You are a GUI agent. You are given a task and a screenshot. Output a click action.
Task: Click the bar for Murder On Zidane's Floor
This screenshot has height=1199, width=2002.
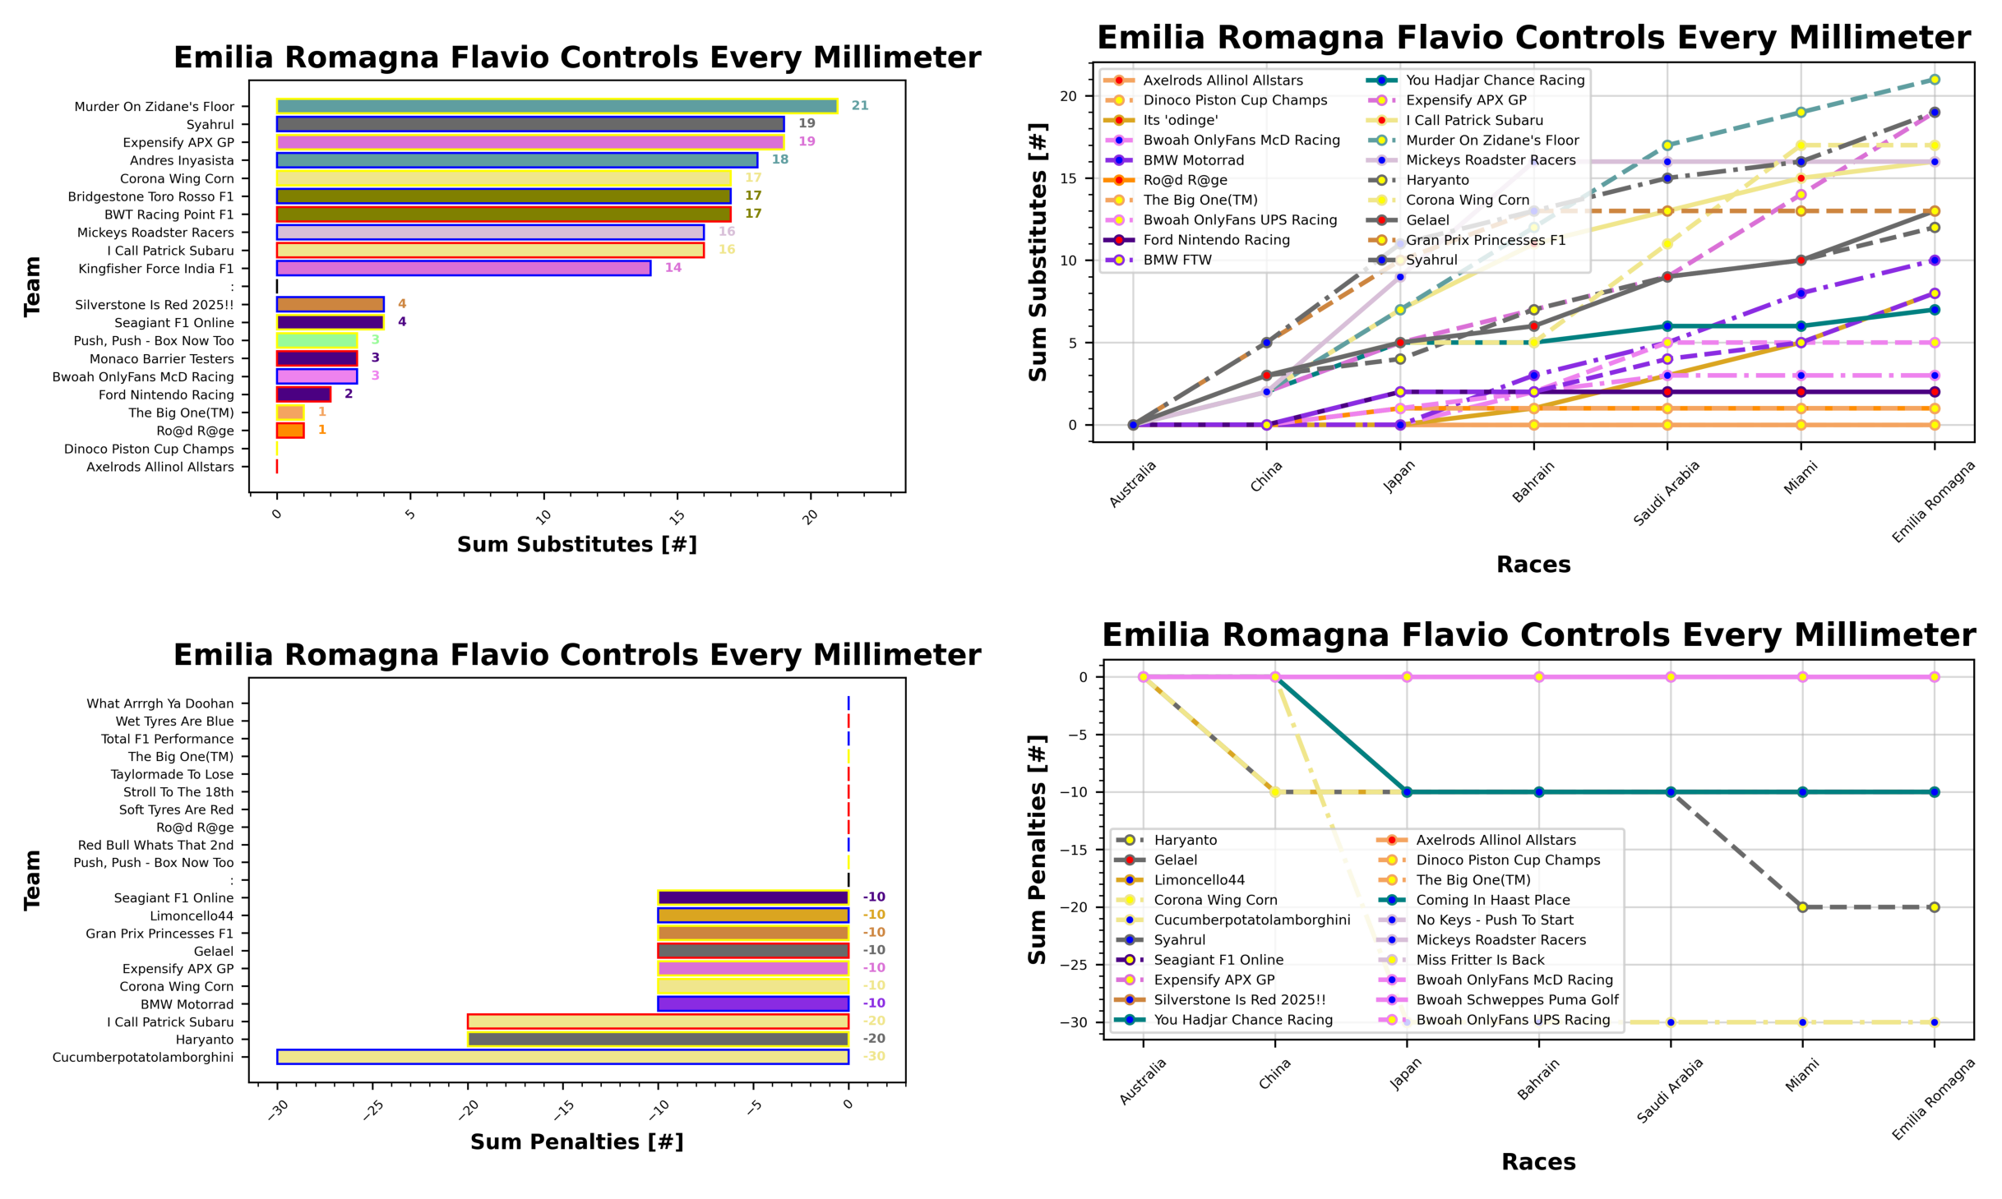(x=557, y=106)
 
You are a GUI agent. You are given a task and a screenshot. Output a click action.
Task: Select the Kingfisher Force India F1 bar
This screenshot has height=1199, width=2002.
(x=463, y=268)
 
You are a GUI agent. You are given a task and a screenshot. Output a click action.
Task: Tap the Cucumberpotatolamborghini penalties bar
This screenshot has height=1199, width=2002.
(x=562, y=1057)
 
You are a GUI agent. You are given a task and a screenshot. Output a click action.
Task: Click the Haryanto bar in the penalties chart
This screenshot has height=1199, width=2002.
(x=658, y=1040)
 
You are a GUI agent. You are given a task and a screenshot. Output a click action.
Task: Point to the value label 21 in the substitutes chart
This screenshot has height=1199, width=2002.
(x=860, y=106)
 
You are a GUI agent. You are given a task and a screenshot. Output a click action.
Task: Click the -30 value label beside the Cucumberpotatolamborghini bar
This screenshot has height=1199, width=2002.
(x=874, y=1057)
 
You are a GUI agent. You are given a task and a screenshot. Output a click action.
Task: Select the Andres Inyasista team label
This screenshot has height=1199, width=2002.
(x=182, y=160)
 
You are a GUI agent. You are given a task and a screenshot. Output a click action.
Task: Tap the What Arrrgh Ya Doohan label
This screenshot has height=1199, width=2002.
(x=160, y=703)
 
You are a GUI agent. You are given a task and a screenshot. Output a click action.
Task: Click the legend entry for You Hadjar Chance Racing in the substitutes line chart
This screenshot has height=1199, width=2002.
(x=1495, y=81)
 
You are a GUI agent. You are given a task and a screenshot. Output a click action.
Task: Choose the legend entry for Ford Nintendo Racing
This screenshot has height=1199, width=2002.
(x=1216, y=240)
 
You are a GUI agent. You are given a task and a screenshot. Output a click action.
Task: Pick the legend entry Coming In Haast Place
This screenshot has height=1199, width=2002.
(x=1492, y=900)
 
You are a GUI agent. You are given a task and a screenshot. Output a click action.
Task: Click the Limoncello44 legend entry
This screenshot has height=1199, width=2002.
(x=1199, y=880)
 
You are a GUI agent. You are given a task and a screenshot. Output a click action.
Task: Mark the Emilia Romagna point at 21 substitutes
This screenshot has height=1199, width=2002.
(x=1935, y=80)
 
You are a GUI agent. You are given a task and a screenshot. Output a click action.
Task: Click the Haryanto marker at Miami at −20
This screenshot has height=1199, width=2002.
(x=1802, y=907)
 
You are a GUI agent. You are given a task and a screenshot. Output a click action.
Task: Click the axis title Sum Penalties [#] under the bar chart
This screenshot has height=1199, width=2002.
(x=576, y=1141)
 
